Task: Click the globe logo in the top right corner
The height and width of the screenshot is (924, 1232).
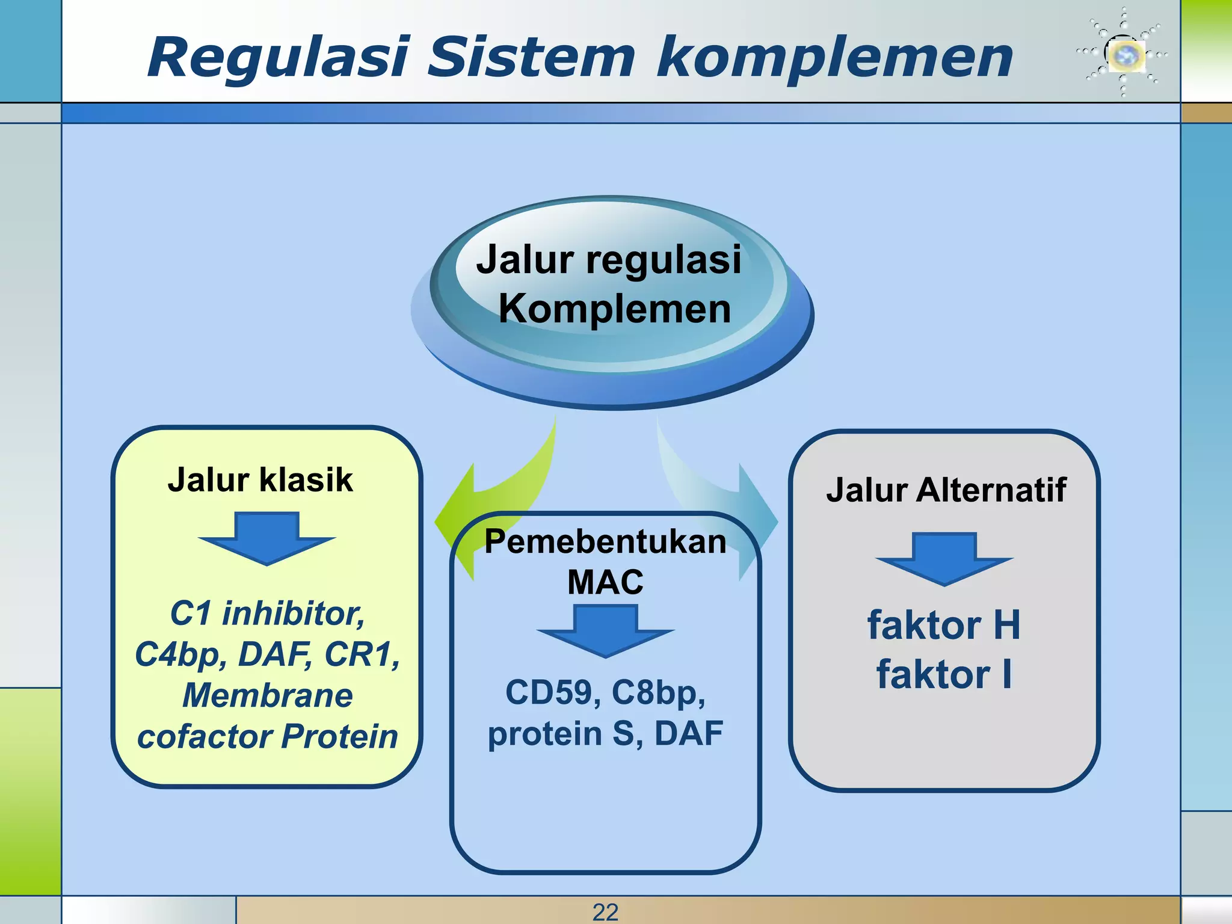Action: (1123, 54)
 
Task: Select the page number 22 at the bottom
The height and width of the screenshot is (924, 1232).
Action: (605, 912)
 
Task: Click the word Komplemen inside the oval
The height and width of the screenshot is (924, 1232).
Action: (615, 309)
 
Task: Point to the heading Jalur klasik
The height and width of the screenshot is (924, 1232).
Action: (260, 480)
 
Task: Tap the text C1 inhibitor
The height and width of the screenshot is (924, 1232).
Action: (267, 614)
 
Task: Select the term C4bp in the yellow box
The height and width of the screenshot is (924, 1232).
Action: (180, 654)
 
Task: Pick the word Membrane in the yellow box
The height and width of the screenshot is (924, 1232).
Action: (267, 695)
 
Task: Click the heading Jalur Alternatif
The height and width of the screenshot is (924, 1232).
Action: (946, 490)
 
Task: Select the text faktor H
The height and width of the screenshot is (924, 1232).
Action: (944, 625)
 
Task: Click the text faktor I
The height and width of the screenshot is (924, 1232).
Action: (944, 674)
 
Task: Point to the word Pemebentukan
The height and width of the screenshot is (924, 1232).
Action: (605, 541)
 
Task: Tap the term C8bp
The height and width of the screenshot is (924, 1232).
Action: (658, 692)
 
